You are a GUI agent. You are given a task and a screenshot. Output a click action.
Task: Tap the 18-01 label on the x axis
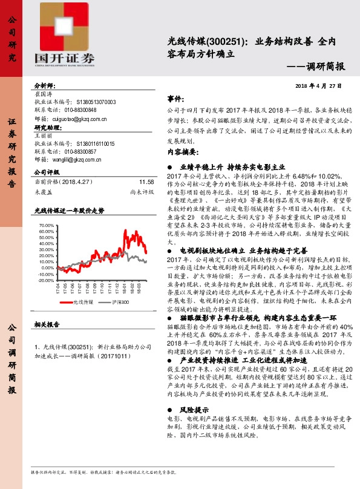click(x=129, y=289)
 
